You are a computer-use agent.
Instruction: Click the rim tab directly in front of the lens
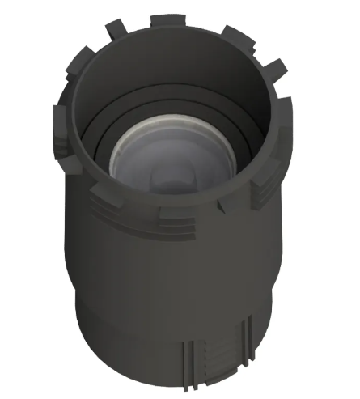(x=180, y=214)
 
